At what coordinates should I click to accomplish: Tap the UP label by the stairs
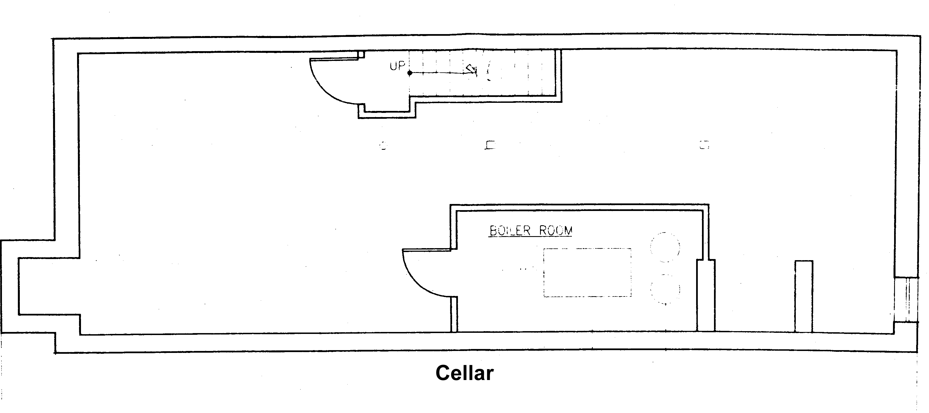[397, 66]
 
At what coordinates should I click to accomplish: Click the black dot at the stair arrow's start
[410, 73]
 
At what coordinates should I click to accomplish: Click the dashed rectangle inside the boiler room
[587, 272]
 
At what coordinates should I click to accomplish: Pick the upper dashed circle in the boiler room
[665, 247]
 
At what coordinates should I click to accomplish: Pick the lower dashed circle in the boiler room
[665, 289]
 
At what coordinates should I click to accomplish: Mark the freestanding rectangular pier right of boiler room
[804, 296]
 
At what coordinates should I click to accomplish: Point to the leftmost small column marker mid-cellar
[383, 146]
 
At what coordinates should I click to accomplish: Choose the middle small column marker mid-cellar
[490, 145]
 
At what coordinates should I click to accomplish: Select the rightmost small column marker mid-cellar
[704, 145]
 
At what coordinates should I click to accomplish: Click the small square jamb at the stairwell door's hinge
[361, 54]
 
